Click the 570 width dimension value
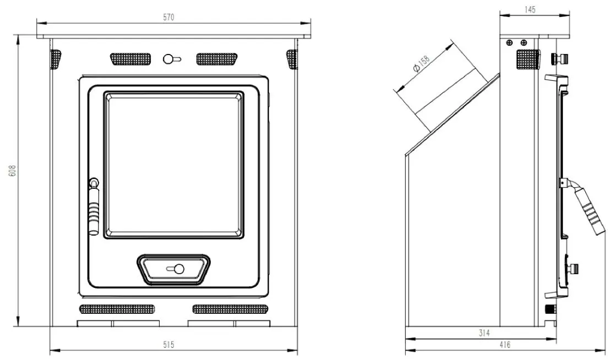pyautogui.click(x=169, y=18)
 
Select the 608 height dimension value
pyautogui.click(x=13, y=170)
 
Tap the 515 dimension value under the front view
pyautogui.click(x=169, y=345)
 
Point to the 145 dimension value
pyautogui.click(x=529, y=10)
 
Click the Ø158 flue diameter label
pyautogui.click(x=422, y=64)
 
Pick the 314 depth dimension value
pyautogui.click(x=485, y=333)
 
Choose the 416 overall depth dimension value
pyautogui.click(x=505, y=345)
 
